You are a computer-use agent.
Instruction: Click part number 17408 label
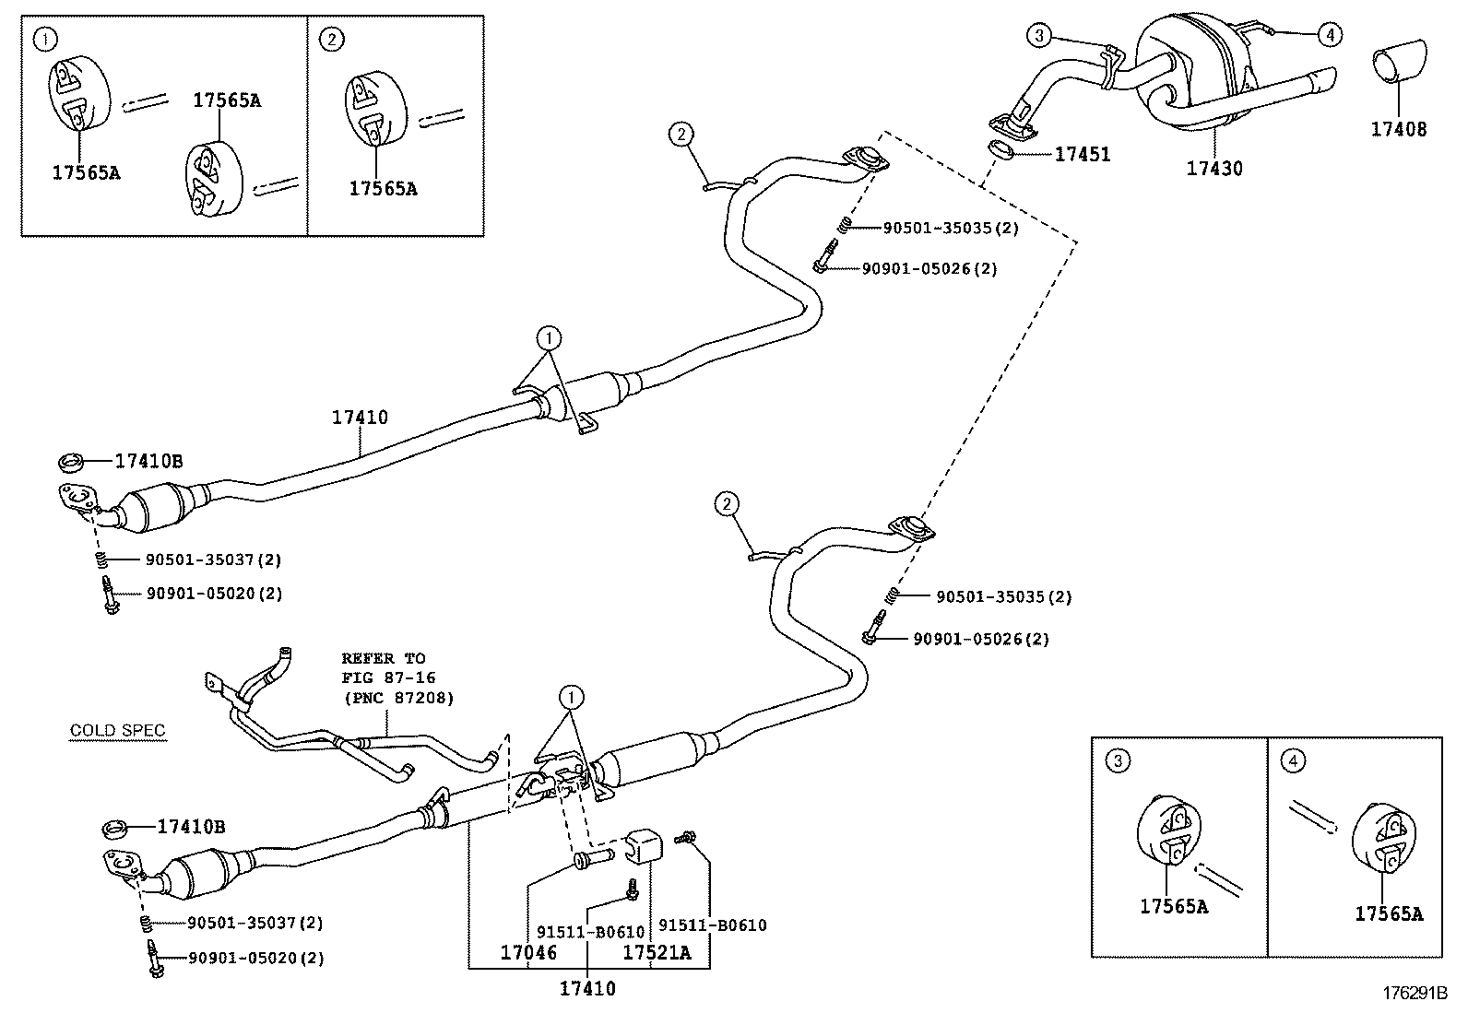coord(1398,130)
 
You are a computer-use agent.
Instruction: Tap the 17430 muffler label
coord(1214,169)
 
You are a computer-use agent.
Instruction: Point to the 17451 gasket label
coord(1083,155)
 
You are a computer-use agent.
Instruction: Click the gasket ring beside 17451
coord(1004,148)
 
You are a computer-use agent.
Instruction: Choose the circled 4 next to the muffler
coord(1330,36)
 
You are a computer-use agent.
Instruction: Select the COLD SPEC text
coord(118,731)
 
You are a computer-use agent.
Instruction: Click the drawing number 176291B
coord(1415,994)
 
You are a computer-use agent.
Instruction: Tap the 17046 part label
coord(528,952)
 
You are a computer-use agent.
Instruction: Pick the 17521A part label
coord(657,952)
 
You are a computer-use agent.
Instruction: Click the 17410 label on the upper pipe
coord(360,418)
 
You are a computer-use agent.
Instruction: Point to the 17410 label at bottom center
coord(587,989)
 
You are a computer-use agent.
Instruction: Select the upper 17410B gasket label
coord(148,462)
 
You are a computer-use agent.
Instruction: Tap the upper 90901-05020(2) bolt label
coord(214,594)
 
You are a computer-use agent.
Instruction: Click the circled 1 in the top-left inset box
coord(44,39)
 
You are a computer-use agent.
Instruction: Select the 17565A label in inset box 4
coord(1389,914)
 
